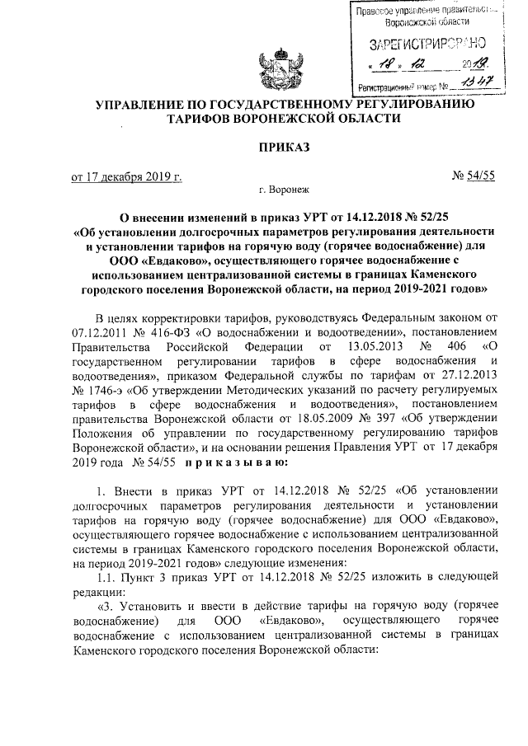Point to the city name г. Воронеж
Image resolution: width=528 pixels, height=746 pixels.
coord(284,191)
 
